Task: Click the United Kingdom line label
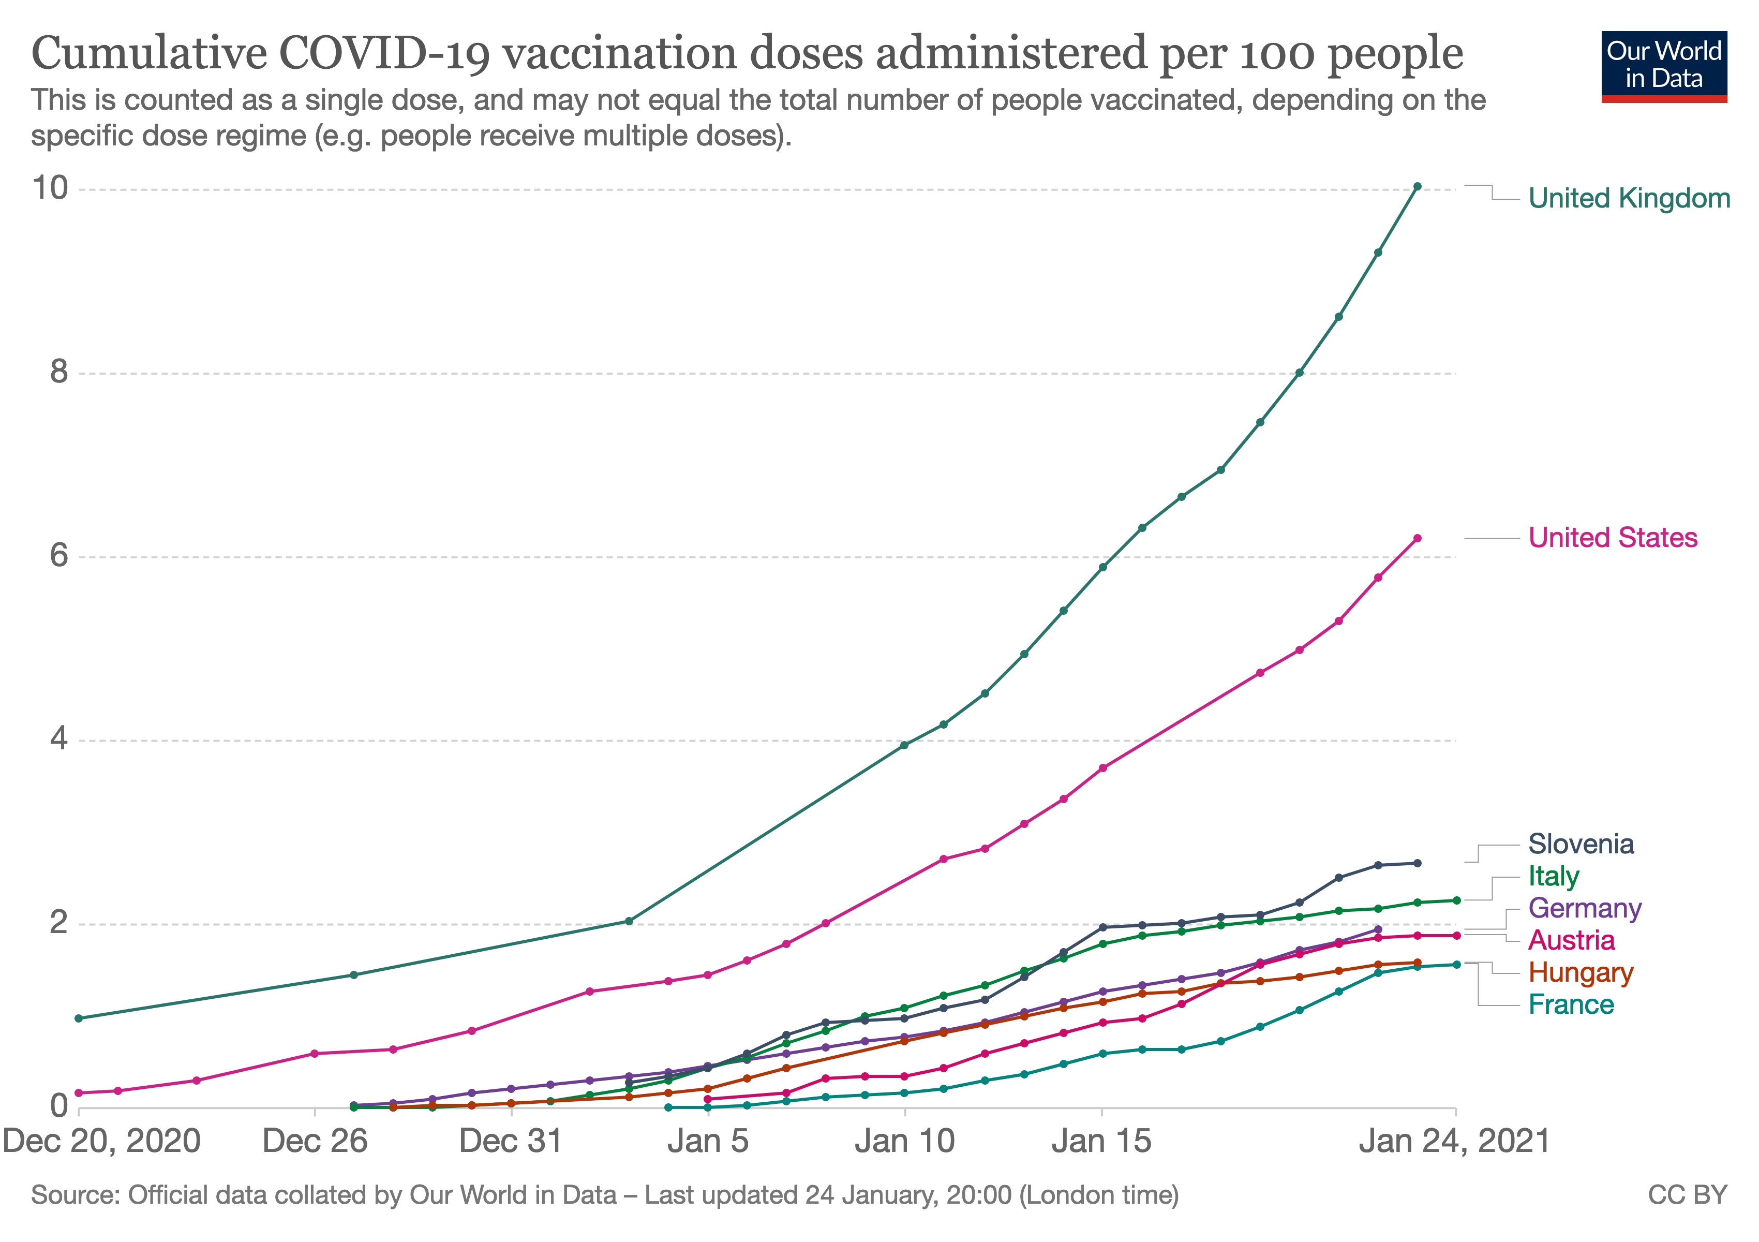1629,198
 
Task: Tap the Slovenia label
1581,845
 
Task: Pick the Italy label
1553,877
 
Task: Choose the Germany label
1584,909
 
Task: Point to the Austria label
1571,941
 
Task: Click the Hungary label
1581,973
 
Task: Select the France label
1571,1006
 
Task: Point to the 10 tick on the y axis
50,188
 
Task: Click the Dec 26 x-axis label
315,1142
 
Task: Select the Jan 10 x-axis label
905,1142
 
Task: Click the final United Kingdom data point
1418,187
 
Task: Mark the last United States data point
1418,539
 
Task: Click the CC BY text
1687,1196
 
